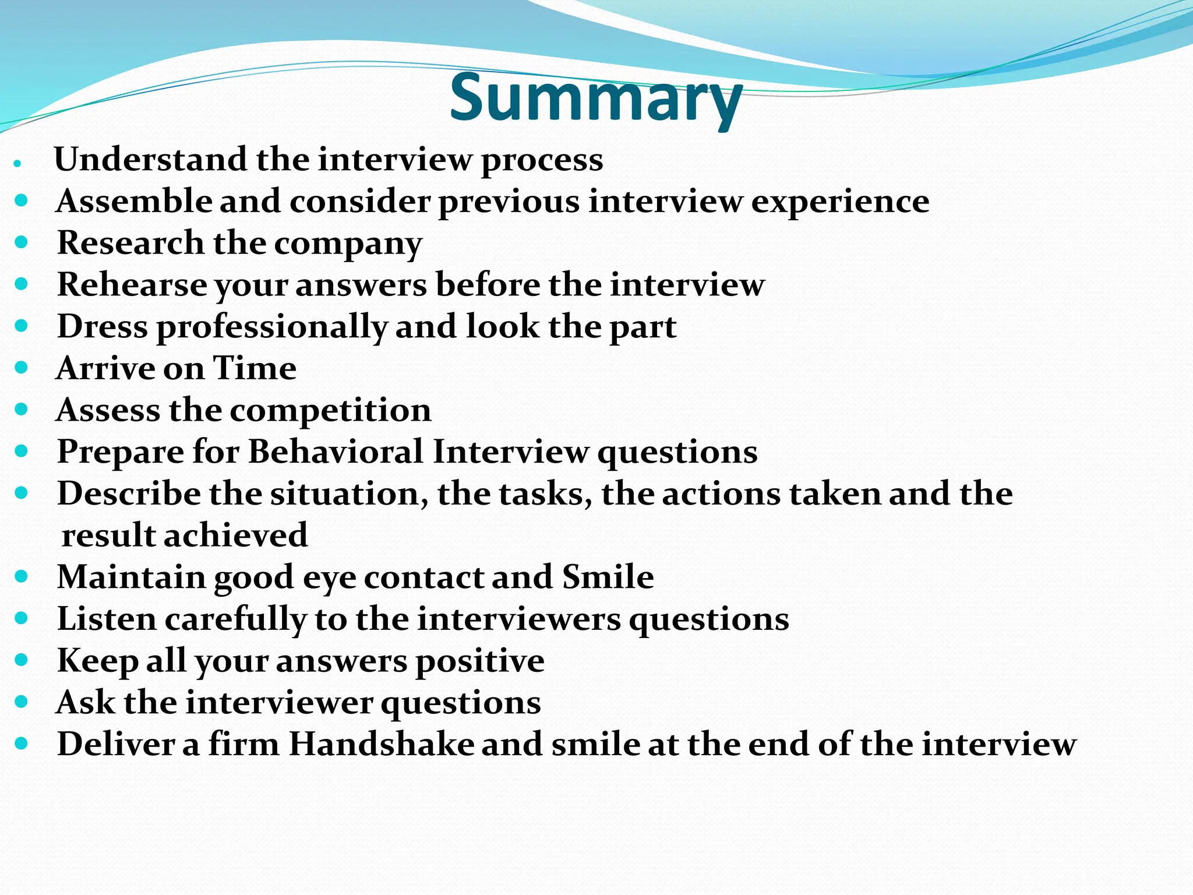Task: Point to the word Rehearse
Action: [132, 286]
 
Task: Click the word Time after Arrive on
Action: [255, 368]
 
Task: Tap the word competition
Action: [330, 411]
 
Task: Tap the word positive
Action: [479, 661]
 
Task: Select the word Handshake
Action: [382, 745]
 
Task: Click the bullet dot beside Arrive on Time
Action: [22, 368]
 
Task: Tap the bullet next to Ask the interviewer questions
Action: [22, 702]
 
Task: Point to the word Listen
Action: [107, 619]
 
